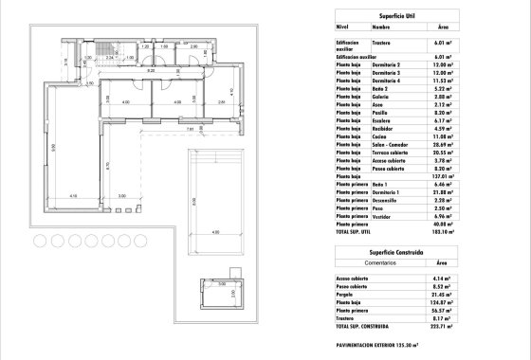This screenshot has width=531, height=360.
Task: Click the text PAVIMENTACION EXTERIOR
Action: point(374,345)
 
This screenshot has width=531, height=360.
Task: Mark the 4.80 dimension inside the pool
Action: point(214,232)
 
